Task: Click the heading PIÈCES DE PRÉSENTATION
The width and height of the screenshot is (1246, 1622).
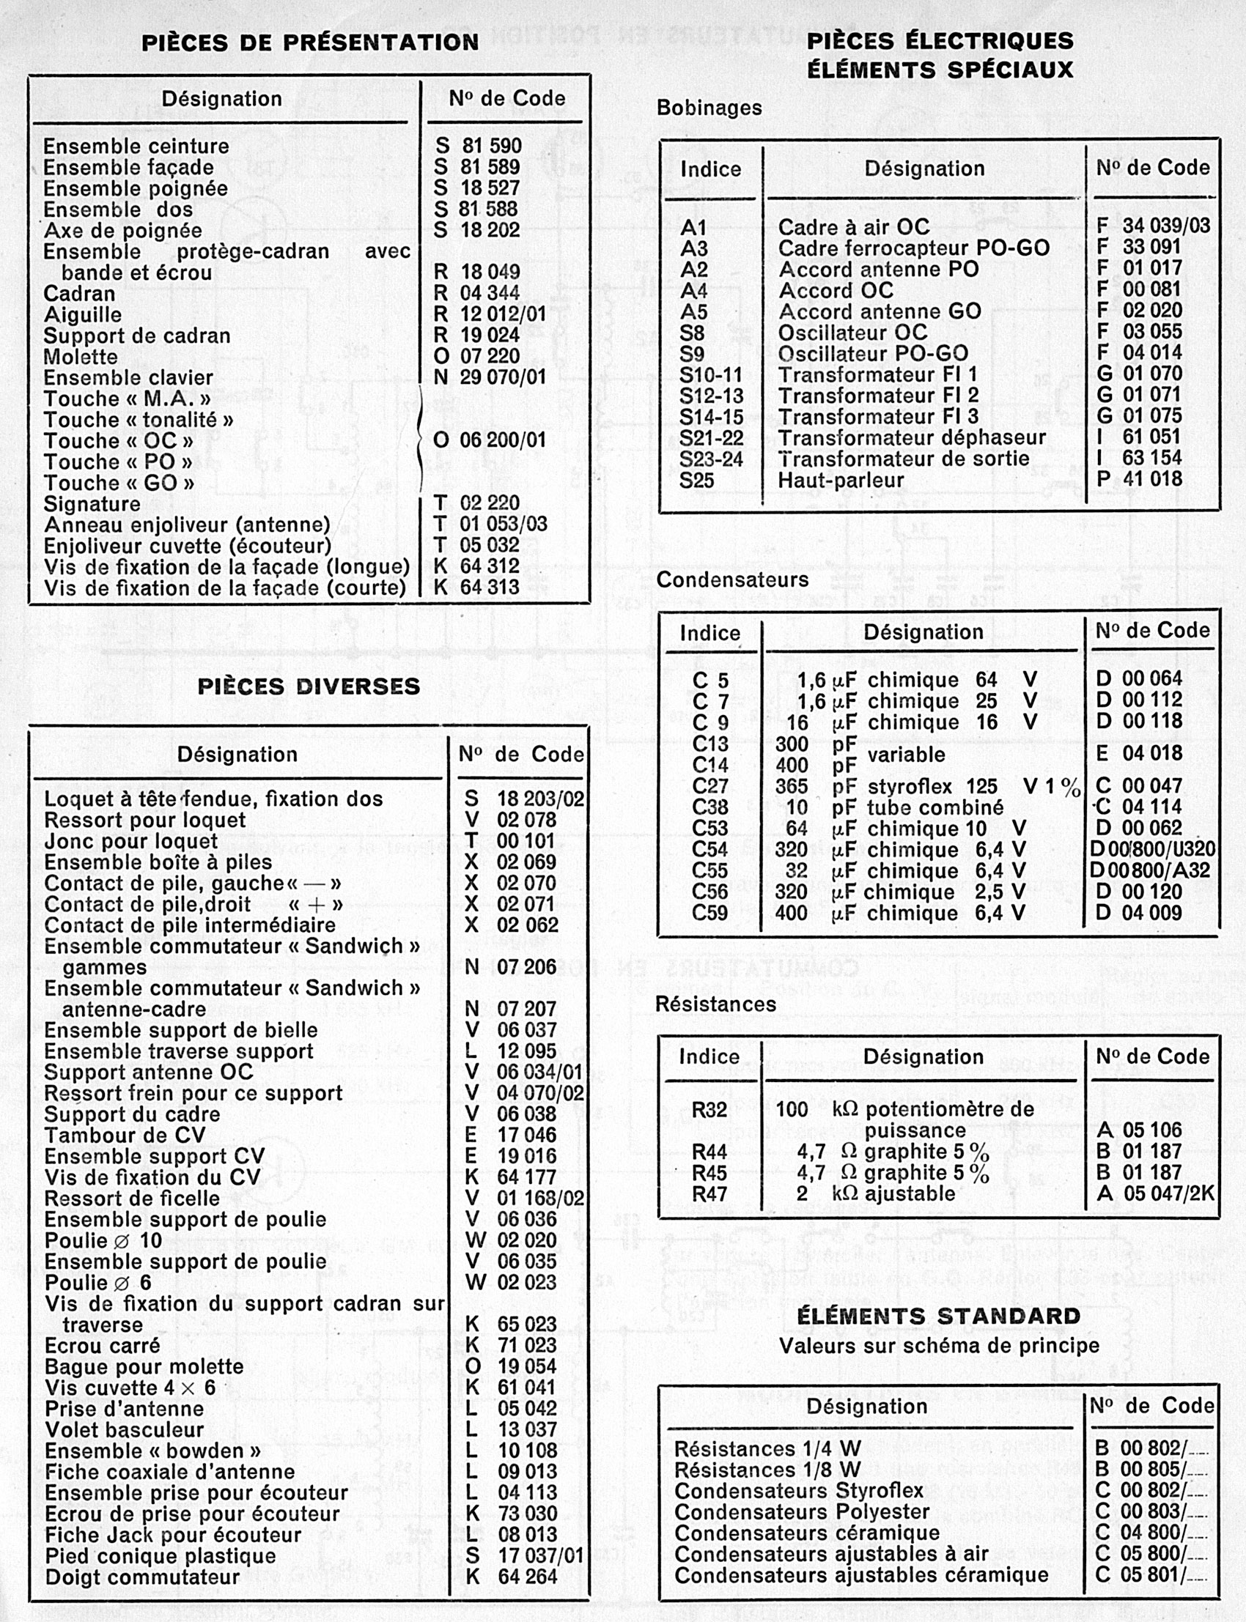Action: (x=310, y=42)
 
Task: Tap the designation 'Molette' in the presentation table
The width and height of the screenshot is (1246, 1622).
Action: (x=80, y=357)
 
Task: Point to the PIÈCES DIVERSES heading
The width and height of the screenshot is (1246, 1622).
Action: (x=309, y=686)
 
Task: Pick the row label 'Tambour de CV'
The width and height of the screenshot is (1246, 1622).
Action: (x=125, y=1136)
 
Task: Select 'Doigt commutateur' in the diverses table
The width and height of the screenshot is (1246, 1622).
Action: (x=142, y=1577)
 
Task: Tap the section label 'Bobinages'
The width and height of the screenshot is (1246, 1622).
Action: (x=709, y=108)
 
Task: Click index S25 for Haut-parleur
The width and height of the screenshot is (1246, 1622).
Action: (x=696, y=481)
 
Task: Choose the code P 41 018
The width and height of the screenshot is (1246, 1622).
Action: (x=1139, y=479)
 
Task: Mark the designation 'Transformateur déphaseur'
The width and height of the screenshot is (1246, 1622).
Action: (x=912, y=437)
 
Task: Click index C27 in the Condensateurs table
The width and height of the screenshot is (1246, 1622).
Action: (x=709, y=787)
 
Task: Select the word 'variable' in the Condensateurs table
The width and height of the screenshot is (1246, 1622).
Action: (x=907, y=755)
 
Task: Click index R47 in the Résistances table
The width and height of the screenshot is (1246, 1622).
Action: (x=709, y=1194)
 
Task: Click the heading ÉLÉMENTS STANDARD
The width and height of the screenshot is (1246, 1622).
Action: (x=938, y=1317)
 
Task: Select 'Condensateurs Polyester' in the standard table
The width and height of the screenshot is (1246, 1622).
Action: (x=801, y=1511)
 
